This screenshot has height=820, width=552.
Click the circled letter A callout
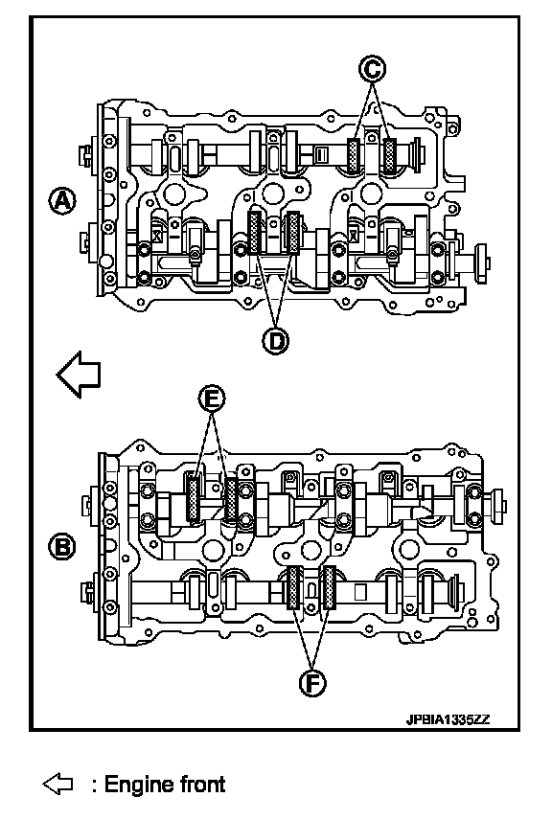coord(62,202)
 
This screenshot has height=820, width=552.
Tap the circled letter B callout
coord(62,547)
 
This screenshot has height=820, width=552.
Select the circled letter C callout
coord(372,70)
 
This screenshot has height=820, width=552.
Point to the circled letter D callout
coord(275,341)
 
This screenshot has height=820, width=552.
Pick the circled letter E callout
coord(212,399)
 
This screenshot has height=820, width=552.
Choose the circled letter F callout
coord(312,683)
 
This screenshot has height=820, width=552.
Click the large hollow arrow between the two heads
coord(79,375)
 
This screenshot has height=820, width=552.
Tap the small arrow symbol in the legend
coord(57,785)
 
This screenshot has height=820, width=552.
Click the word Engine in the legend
coord(139,785)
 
